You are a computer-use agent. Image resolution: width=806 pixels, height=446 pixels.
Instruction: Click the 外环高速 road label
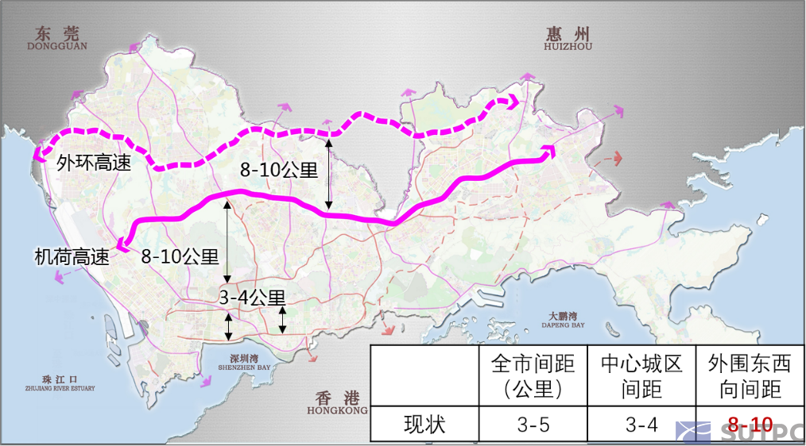[94, 163]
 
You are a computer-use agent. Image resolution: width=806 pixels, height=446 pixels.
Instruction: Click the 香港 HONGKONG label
[337, 403]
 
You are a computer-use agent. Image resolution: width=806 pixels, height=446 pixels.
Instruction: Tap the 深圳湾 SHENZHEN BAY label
[244, 363]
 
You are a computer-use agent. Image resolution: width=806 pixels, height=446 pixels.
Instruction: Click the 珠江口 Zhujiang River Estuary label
[59, 383]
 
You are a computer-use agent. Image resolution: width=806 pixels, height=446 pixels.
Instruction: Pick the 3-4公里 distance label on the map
[252, 298]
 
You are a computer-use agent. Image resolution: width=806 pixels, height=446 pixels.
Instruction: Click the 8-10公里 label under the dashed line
[279, 170]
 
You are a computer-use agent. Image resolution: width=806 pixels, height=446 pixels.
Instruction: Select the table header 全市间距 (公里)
[532, 376]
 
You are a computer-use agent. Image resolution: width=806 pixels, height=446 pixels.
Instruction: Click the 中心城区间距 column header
[641, 376]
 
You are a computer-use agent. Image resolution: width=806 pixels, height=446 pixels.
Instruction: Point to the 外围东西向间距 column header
[750, 376]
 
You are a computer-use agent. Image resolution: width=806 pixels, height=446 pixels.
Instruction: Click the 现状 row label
[424, 425]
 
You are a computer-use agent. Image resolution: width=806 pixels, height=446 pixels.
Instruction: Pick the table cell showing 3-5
[532, 425]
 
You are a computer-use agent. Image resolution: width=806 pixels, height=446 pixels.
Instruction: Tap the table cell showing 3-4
[641, 425]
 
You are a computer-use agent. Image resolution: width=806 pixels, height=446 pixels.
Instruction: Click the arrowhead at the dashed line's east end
[513, 102]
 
